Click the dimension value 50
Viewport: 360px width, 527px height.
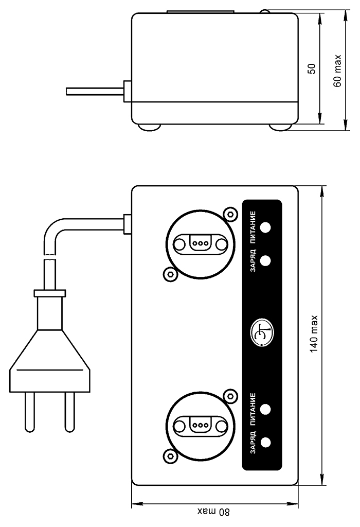point(312,68)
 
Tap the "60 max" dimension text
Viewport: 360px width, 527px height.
point(337,71)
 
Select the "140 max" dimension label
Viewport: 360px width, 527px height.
point(314,333)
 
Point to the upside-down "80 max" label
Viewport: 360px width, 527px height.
point(214,512)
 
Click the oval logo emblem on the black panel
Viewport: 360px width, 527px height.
point(262,332)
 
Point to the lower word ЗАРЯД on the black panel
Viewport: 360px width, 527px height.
point(253,442)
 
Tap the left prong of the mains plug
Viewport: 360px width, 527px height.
point(29,412)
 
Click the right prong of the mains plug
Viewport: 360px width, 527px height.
point(70,412)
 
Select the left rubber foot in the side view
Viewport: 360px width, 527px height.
point(149,128)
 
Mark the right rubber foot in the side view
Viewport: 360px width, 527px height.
point(280,128)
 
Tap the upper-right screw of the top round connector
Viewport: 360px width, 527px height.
point(230,214)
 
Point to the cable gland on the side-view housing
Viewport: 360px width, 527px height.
point(127,91)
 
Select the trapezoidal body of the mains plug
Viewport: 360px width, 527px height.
point(49,360)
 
